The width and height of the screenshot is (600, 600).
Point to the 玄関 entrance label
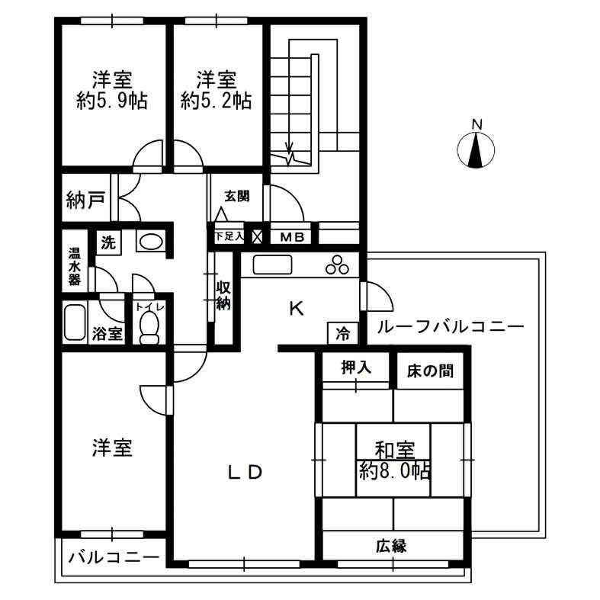click(236, 196)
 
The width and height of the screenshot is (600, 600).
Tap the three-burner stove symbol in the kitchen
click(337, 265)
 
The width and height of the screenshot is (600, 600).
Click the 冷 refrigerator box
click(343, 333)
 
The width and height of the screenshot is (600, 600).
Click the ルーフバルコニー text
click(449, 326)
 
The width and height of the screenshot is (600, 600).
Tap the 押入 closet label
click(355, 368)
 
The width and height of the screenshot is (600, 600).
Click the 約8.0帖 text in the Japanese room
click(395, 470)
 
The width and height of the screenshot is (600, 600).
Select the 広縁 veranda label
click(390, 545)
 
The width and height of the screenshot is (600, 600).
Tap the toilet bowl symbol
click(149, 328)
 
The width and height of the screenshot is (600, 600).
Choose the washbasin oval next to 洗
click(150, 242)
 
